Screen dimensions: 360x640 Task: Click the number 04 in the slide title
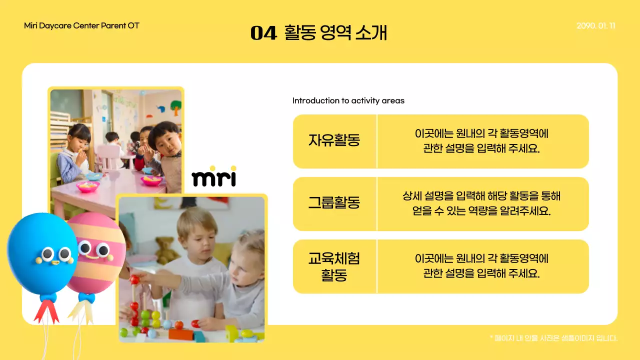(263, 33)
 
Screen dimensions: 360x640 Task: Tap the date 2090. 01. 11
(595, 26)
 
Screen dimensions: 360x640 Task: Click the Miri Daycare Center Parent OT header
(81, 25)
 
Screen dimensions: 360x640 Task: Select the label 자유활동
(334, 140)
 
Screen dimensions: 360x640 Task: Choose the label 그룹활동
(334, 203)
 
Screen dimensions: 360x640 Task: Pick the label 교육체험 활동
(334, 266)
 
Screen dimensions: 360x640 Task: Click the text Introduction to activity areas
(348, 100)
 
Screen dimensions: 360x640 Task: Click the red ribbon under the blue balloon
(46, 310)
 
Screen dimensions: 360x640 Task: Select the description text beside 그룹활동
(482, 203)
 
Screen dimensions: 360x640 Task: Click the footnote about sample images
(553, 338)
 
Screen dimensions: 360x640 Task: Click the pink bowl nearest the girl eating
(87, 186)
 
